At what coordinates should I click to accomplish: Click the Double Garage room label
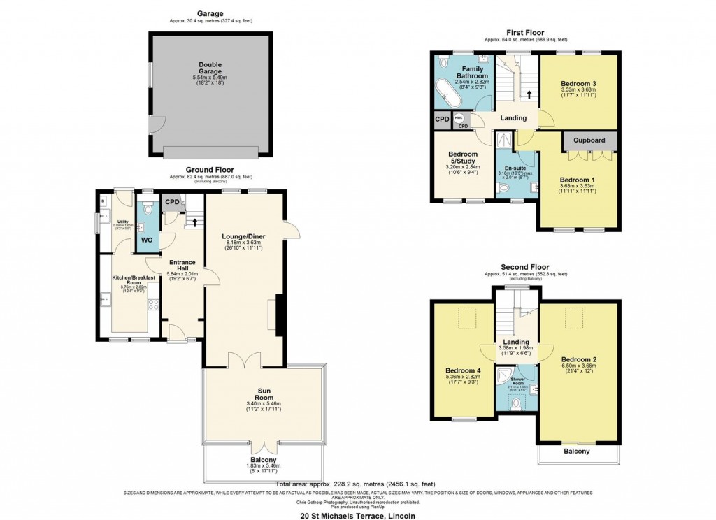tap(210, 68)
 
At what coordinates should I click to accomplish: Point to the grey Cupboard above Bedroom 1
tap(589, 140)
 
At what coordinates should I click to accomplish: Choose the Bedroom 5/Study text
tap(463, 157)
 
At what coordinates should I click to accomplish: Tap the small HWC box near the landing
tap(459, 119)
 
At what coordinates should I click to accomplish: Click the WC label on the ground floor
tap(146, 240)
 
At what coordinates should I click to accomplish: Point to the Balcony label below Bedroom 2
tap(577, 452)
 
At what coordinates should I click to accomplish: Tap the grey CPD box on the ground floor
tap(172, 202)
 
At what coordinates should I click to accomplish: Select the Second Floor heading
tap(524, 267)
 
